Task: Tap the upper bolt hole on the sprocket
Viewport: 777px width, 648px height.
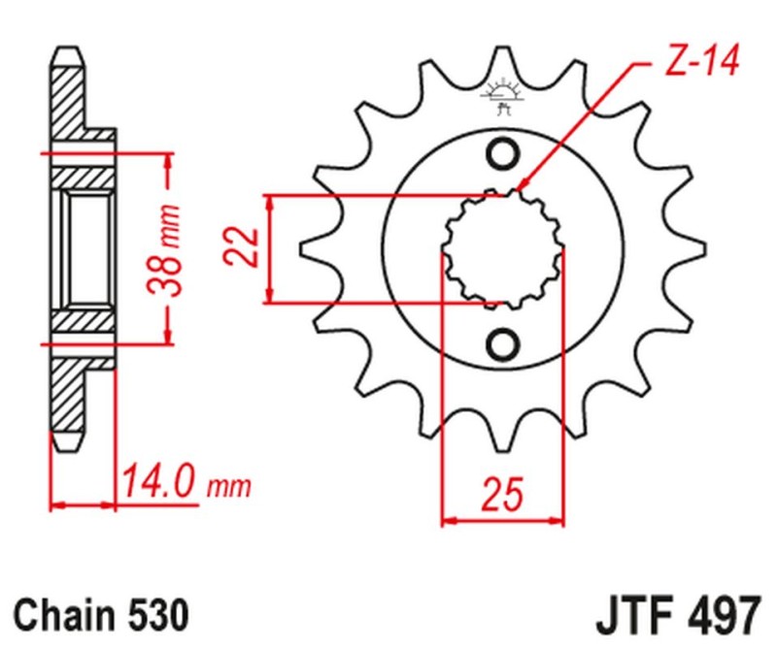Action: (x=503, y=153)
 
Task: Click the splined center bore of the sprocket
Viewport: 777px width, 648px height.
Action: (x=502, y=248)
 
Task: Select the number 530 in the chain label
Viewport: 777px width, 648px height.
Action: (x=153, y=614)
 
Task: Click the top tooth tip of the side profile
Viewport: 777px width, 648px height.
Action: (x=67, y=52)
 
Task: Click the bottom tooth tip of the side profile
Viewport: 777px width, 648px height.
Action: (x=67, y=445)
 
